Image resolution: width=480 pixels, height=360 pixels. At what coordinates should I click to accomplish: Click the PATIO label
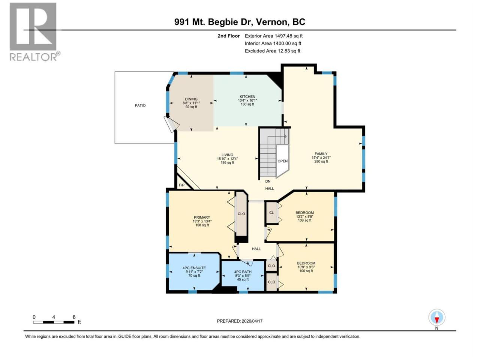pyautogui.click(x=140, y=106)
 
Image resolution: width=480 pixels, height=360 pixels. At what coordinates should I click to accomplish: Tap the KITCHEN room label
pyautogui.click(x=247, y=97)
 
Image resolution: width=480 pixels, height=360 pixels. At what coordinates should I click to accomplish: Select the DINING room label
pyautogui.click(x=191, y=99)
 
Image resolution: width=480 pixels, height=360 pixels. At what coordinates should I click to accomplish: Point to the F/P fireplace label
pyautogui.click(x=181, y=185)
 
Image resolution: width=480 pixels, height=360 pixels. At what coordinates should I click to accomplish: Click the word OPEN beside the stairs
pyautogui.click(x=282, y=161)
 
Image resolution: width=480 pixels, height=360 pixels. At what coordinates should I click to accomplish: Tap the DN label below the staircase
pyautogui.click(x=268, y=181)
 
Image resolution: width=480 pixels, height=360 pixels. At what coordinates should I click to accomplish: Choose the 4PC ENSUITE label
pyautogui.click(x=194, y=268)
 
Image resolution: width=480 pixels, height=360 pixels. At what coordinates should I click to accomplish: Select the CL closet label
pyautogui.click(x=271, y=213)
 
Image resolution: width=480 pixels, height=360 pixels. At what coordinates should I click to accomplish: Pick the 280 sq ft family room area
pyautogui.click(x=321, y=162)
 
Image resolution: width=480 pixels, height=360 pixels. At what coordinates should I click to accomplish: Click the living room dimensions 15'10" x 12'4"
pyautogui.click(x=227, y=159)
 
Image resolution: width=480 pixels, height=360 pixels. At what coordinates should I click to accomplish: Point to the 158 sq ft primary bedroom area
pyautogui.click(x=202, y=225)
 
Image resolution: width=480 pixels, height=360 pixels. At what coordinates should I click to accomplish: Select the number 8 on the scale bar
pyautogui.click(x=74, y=317)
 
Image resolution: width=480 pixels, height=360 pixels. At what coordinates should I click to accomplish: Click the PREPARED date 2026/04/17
pyautogui.click(x=252, y=321)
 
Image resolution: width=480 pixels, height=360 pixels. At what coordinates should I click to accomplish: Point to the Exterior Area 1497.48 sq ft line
pyautogui.click(x=274, y=36)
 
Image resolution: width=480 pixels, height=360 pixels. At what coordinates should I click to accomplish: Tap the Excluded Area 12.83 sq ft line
pyautogui.click(x=273, y=51)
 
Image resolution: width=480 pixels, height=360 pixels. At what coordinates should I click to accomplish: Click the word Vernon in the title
pyautogui.click(x=271, y=22)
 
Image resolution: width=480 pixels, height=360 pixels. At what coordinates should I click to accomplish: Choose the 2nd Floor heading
pyautogui.click(x=228, y=36)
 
